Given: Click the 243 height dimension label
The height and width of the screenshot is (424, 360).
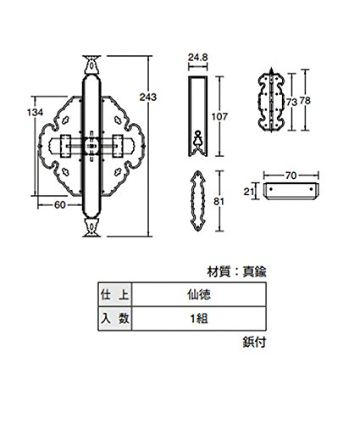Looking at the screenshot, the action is [147, 98].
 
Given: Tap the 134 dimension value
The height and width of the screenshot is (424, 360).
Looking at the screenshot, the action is [35, 113].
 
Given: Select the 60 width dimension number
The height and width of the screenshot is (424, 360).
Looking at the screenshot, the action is [60, 205].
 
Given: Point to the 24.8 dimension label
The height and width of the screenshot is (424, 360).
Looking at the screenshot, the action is [198, 58].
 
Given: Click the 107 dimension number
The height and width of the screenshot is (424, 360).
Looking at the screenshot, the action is [219, 116].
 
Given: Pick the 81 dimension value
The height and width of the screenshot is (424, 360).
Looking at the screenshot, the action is [219, 202].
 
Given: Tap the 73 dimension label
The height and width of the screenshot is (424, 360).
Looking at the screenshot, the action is [291, 102].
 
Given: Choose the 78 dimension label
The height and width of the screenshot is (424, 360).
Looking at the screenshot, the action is [305, 101].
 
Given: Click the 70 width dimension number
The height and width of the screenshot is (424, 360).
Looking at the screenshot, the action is [291, 176].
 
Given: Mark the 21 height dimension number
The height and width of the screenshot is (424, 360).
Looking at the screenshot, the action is [249, 192].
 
